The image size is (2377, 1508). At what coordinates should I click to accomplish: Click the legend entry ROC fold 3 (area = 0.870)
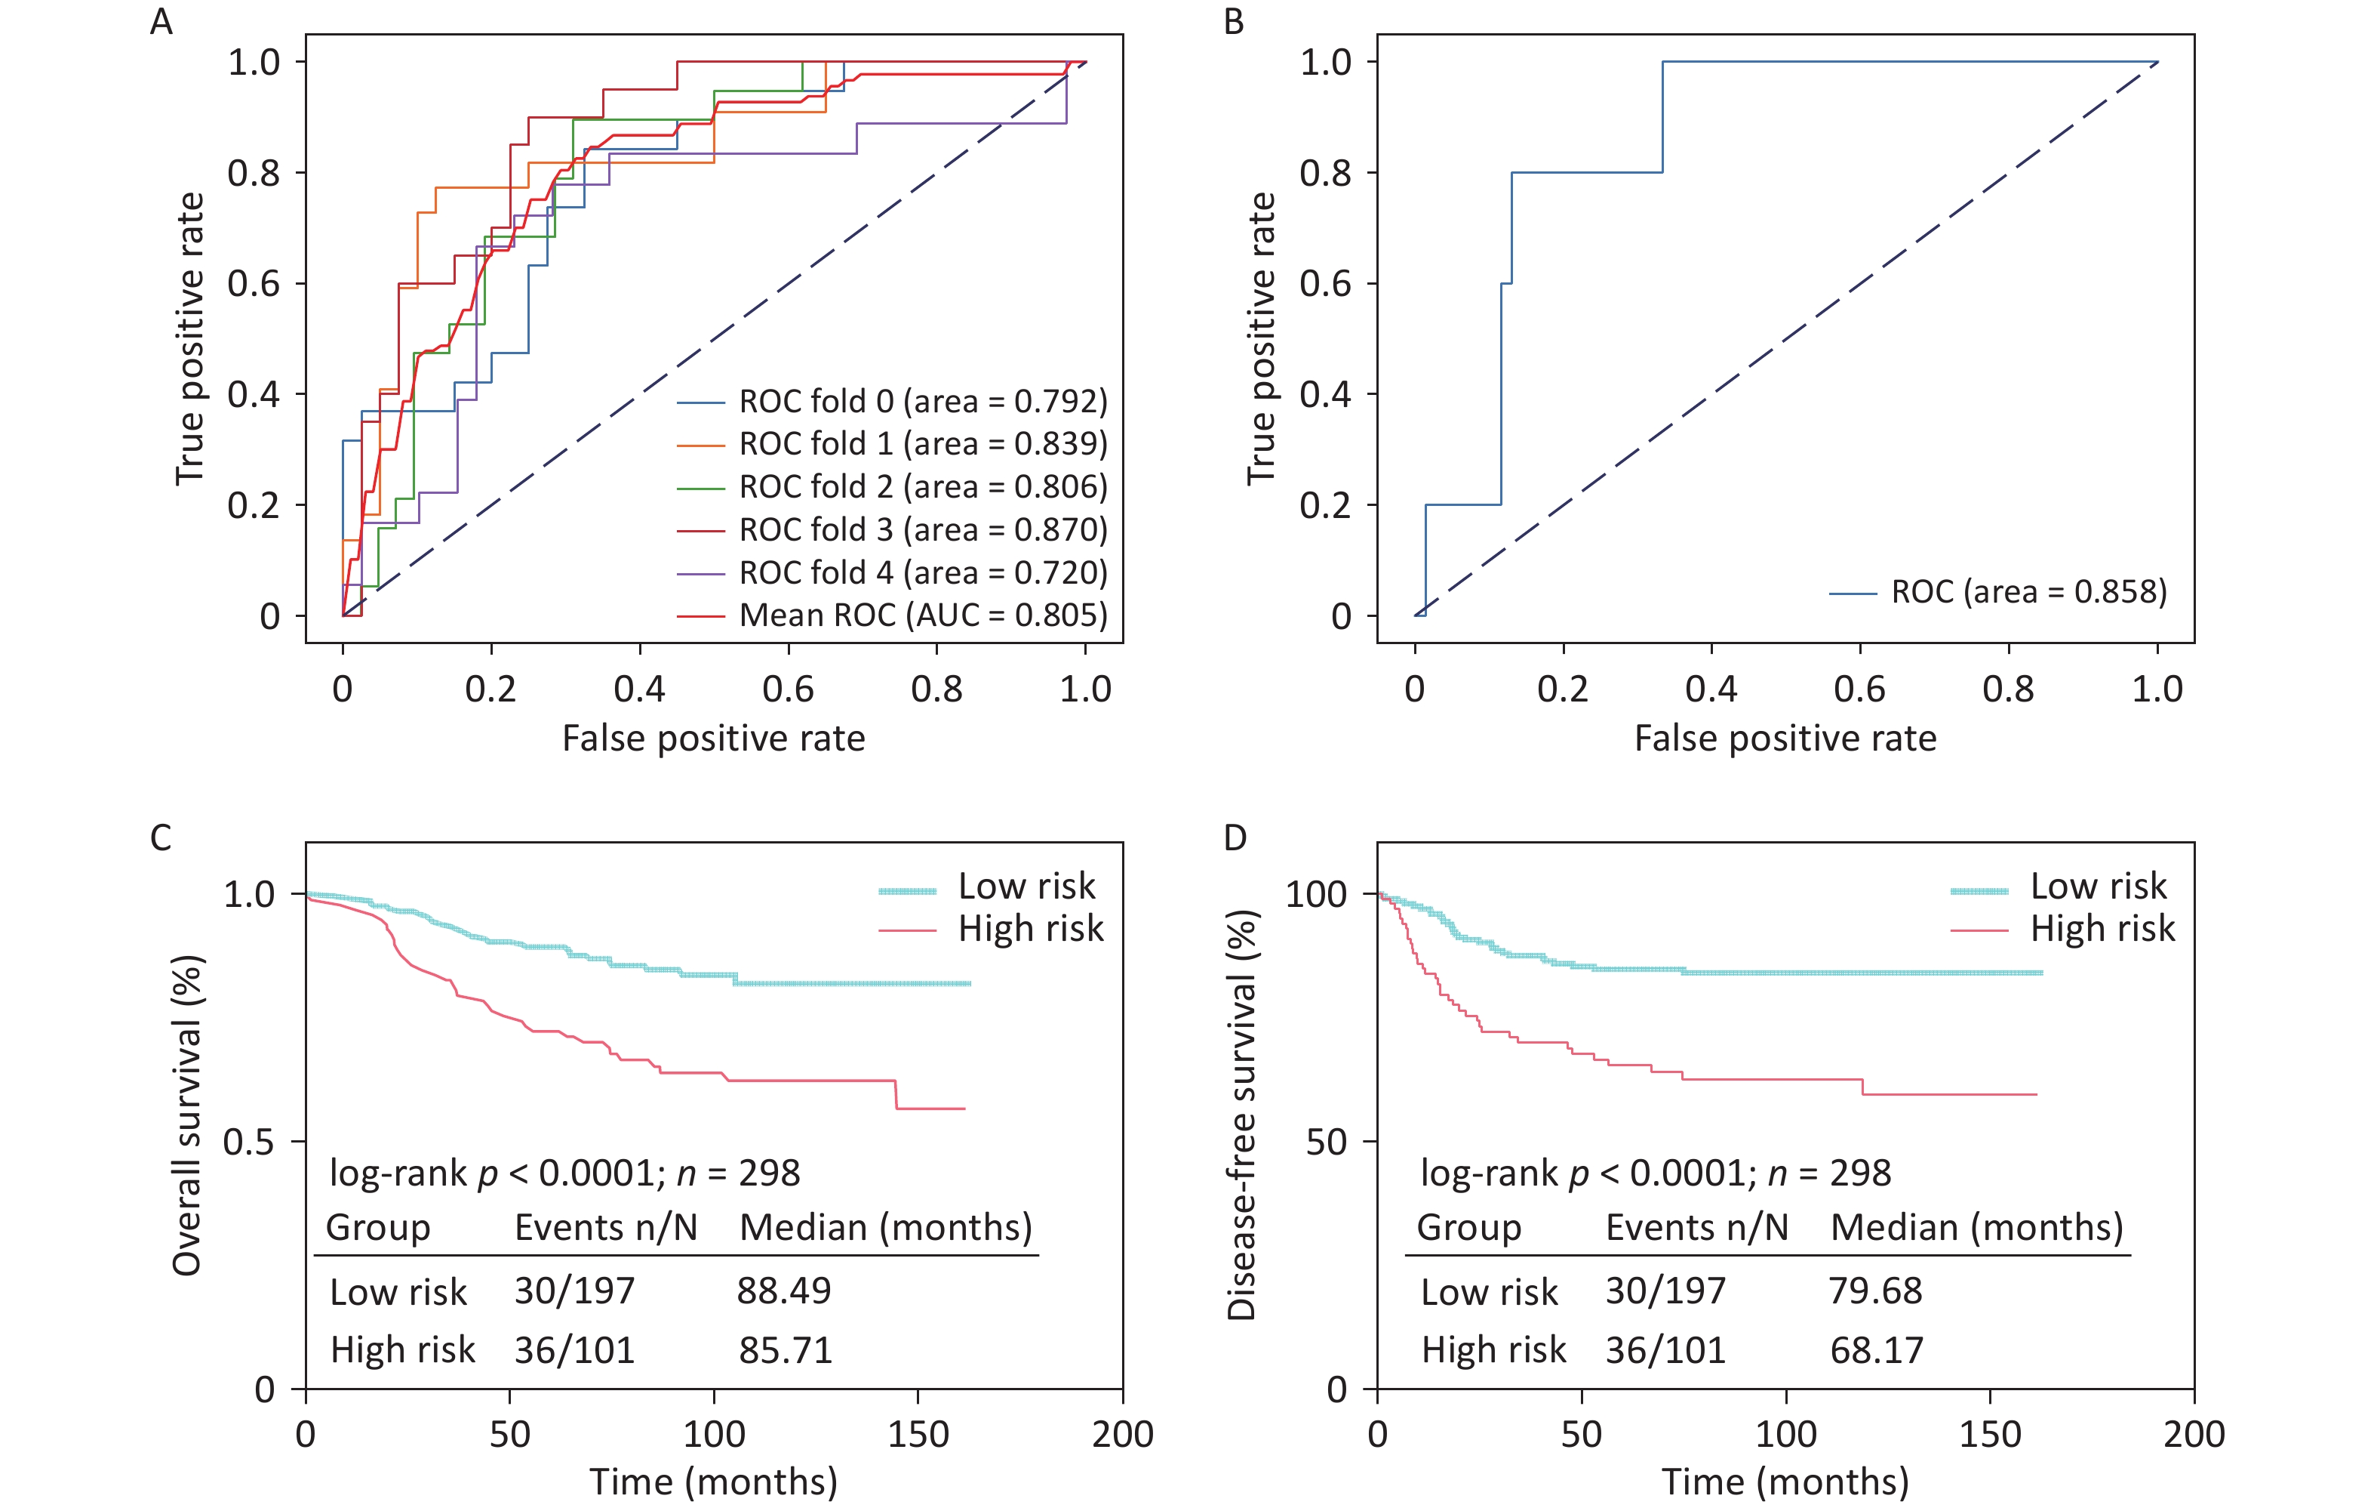[x=923, y=530]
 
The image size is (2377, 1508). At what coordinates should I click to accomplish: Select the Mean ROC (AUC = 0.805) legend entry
[x=923, y=615]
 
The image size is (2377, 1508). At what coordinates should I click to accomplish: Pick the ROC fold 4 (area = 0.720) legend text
[x=923, y=573]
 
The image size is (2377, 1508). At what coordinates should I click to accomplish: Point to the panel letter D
[x=1235, y=838]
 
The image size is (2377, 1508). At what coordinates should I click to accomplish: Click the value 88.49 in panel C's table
[x=784, y=1291]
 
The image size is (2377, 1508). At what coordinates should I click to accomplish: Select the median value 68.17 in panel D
[x=1877, y=1350]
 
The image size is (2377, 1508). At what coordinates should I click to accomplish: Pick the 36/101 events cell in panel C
[x=574, y=1350]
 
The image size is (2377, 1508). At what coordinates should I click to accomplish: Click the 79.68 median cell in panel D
[x=1875, y=1291]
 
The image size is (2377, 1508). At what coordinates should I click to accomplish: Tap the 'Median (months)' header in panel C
[x=885, y=1228]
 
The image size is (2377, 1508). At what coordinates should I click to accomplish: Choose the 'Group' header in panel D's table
[x=1469, y=1228]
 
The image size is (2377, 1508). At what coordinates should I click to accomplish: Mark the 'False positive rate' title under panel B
[x=1785, y=739]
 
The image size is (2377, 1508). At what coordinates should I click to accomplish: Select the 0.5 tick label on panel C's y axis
[x=249, y=1142]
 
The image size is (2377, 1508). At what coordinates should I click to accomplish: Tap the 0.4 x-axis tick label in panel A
[x=640, y=689]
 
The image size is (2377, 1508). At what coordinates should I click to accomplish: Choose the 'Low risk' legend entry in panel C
[x=1026, y=887]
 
